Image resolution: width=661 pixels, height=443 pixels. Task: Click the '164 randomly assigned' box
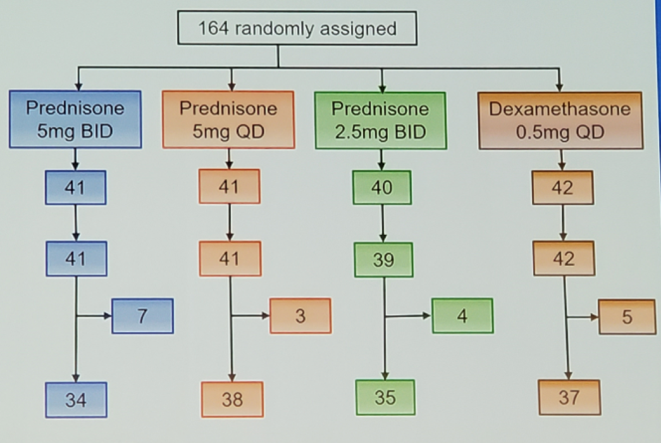click(297, 28)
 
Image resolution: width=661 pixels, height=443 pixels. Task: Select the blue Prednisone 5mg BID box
click(75, 120)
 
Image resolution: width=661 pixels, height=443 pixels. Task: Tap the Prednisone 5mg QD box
click(228, 120)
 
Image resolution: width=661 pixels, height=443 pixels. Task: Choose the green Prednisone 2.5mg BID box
click(381, 121)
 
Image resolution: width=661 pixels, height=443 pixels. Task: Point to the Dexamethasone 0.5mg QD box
click(560, 121)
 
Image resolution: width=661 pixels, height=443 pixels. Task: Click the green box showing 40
click(382, 187)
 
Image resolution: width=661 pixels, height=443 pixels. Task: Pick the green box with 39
click(383, 259)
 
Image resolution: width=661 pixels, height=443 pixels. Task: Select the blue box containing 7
click(142, 316)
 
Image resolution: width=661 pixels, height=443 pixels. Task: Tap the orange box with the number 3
click(300, 316)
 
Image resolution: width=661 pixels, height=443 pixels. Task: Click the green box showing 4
click(462, 316)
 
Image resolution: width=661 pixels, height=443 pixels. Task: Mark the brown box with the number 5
click(627, 317)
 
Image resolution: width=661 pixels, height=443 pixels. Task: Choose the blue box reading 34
click(77, 400)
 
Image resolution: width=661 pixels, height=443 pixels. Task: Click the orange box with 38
click(232, 399)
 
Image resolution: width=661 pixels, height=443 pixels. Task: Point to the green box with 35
click(385, 397)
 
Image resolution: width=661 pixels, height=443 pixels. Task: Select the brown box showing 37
click(569, 397)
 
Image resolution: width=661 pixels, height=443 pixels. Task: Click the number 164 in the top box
click(214, 28)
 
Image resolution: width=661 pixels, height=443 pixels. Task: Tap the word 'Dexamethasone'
click(560, 109)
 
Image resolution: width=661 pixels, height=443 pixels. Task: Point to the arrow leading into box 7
click(94, 316)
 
